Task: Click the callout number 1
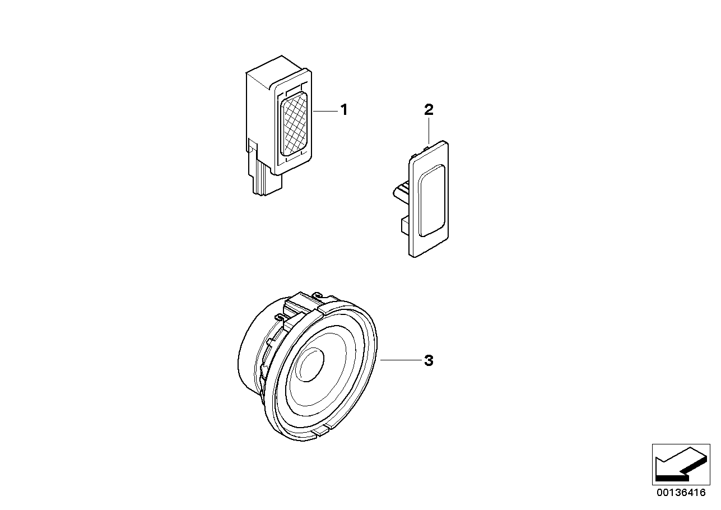point(344,110)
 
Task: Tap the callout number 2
point(429,110)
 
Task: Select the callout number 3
point(429,360)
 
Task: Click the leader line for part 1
point(325,111)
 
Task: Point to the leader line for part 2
point(429,131)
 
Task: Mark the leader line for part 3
point(401,360)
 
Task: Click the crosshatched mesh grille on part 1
point(294,124)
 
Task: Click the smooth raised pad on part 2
point(431,201)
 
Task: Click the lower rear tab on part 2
point(404,225)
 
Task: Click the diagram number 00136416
point(681,493)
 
